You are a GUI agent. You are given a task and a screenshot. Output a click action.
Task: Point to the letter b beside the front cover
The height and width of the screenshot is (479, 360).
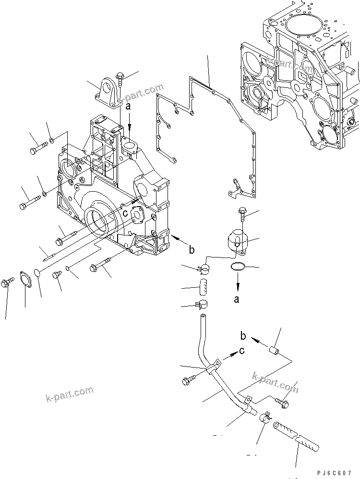(x=192, y=249)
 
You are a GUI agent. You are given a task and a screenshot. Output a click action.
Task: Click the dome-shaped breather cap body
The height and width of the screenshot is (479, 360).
(x=237, y=239)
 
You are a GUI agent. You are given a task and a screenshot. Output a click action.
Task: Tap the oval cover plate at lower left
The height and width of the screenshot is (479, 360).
(x=24, y=281)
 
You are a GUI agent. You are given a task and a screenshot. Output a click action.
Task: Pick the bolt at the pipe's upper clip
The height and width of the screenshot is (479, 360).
(x=187, y=381)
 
